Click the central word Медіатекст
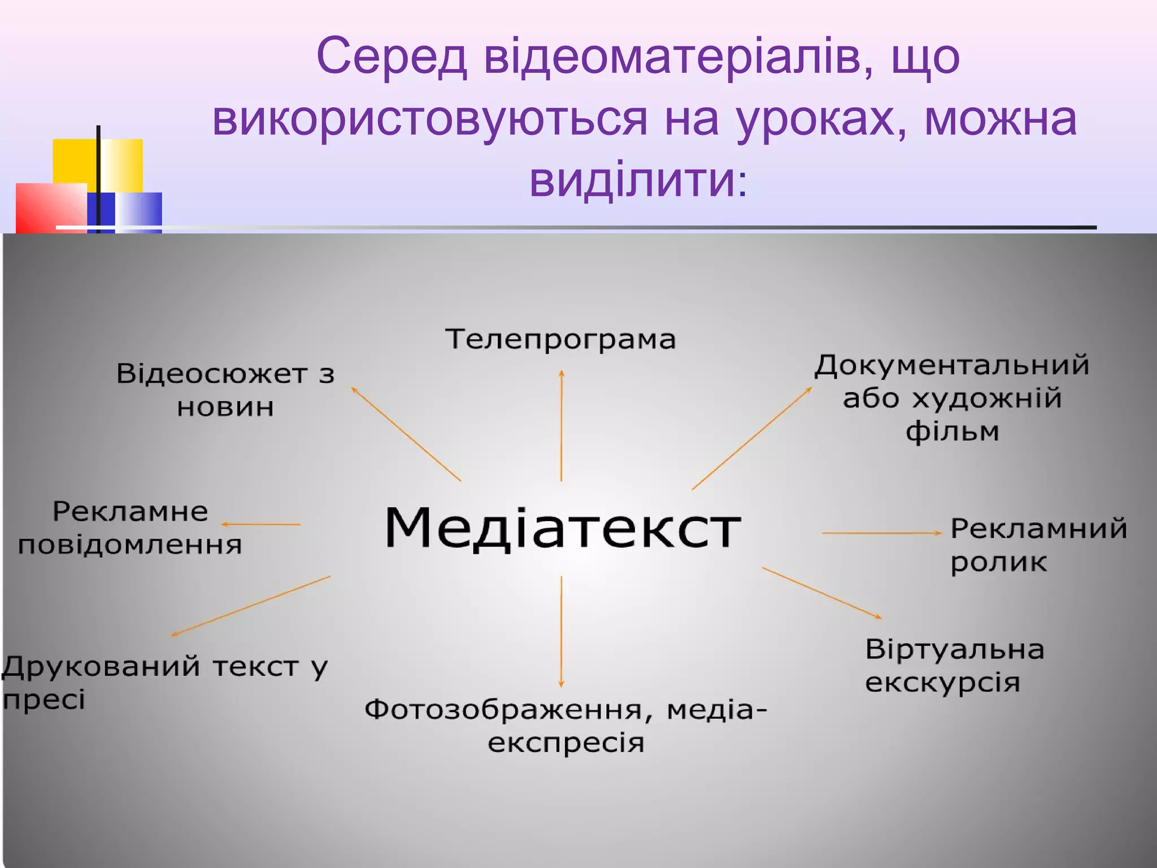click(562, 527)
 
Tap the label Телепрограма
click(560, 339)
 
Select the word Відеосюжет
click(212, 374)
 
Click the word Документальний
click(952, 365)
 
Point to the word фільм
click(952, 431)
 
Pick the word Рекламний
click(1038, 528)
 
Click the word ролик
click(998, 562)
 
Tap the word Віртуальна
click(955, 649)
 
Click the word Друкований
click(102, 666)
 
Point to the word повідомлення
click(130, 545)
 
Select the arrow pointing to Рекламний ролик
click(881, 533)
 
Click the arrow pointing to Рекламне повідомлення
click(260, 524)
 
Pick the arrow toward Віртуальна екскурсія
click(822, 593)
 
